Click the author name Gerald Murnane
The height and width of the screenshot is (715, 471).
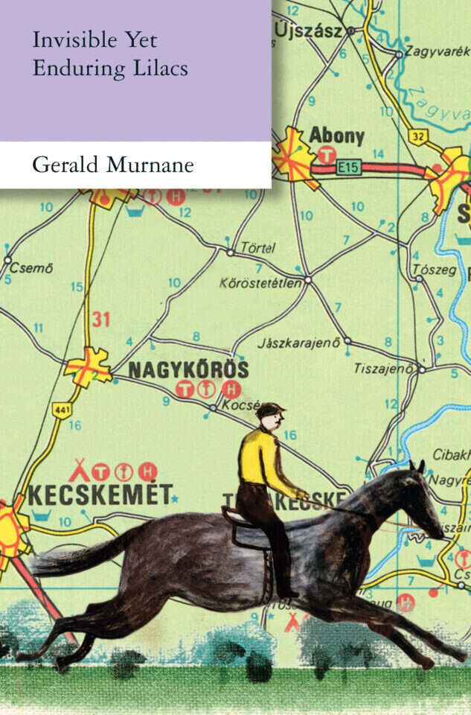click(112, 165)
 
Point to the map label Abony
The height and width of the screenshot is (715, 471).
click(336, 136)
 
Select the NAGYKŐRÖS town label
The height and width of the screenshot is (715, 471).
click(188, 369)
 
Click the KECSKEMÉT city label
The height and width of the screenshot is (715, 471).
click(100, 495)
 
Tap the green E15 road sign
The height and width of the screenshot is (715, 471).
click(348, 168)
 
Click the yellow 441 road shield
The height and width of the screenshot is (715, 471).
click(61, 410)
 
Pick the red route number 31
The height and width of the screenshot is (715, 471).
click(100, 320)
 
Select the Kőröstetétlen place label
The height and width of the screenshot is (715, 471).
click(261, 283)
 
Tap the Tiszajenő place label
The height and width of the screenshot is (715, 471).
click(382, 368)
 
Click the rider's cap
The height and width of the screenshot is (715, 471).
click(270, 409)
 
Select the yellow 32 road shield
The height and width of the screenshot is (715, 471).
click(417, 136)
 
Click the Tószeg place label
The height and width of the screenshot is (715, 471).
click(435, 270)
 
